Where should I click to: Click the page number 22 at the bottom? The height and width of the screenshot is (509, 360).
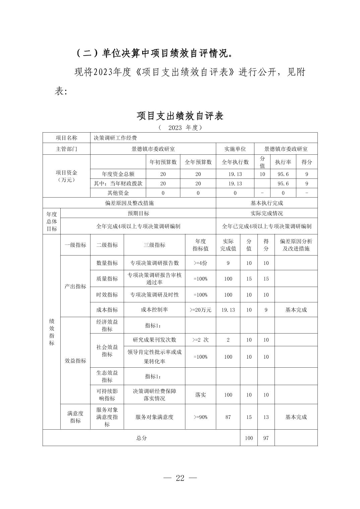pyautogui.click(x=180, y=478)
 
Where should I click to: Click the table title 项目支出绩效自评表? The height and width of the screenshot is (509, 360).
pyautogui.click(x=180, y=116)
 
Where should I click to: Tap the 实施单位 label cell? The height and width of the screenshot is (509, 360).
pyautogui.click(x=235, y=149)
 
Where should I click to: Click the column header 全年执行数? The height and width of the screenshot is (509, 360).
pyautogui.click(x=235, y=162)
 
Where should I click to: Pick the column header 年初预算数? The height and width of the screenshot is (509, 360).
pyautogui.click(x=163, y=162)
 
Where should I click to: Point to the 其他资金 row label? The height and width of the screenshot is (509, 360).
pyautogui.click(x=118, y=193)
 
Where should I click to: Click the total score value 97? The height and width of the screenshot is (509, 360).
pyautogui.click(x=266, y=438)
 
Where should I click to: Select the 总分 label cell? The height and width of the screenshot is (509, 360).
pyautogui.click(x=141, y=438)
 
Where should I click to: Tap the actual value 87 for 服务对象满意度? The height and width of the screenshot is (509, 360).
pyautogui.click(x=228, y=417)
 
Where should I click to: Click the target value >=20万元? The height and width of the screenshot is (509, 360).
pyautogui.click(x=200, y=310)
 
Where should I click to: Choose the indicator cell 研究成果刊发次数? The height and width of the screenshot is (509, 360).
pyautogui.click(x=154, y=340)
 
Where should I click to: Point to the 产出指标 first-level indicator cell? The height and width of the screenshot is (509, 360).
pyautogui.click(x=75, y=286)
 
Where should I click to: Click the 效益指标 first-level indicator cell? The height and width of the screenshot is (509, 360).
pyautogui.click(x=75, y=361)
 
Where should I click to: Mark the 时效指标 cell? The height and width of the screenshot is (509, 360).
pyautogui.click(x=107, y=295)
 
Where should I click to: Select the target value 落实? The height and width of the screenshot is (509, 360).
pyautogui.click(x=200, y=395)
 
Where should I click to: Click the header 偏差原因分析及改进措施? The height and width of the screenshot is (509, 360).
pyautogui.click(x=296, y=245)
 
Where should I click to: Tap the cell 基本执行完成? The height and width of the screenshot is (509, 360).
pyautogui.click(x=266, y=203)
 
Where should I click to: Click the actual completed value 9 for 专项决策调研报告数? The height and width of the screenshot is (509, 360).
pyautogui.click(x=228, y=263)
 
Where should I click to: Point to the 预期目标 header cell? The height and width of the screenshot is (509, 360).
pyautogui.click(x=138, y=213)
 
